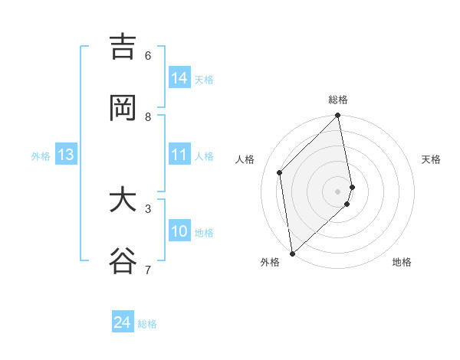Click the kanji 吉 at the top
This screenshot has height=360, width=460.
(x=123, y=47)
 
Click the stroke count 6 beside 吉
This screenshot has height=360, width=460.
(x=148, y=55)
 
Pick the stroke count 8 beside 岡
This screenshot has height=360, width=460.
(x=148, y=116)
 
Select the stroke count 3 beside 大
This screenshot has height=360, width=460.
(x=148, y=208)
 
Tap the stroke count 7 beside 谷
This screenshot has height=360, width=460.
(x=148, y=269)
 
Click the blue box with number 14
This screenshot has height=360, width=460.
(x=179, y=78)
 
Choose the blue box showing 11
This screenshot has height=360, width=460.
(x=179, y=155)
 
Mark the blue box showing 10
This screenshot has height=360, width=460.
(x=179, y=231)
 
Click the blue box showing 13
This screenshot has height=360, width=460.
(x=66, y=155)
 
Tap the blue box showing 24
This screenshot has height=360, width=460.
(x=123, y=322)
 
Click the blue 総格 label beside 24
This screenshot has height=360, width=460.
(x=147, y=324)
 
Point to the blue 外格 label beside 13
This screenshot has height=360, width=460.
(x=41, y=156)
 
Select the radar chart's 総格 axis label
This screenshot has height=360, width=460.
(x=338, y=100)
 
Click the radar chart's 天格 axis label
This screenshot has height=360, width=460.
(x=432, y=159)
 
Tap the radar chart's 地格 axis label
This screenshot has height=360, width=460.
(x=402, y=262)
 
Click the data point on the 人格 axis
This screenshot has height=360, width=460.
(x=280, y=172)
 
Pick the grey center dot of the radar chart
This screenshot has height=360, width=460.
(x=338, y=191)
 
